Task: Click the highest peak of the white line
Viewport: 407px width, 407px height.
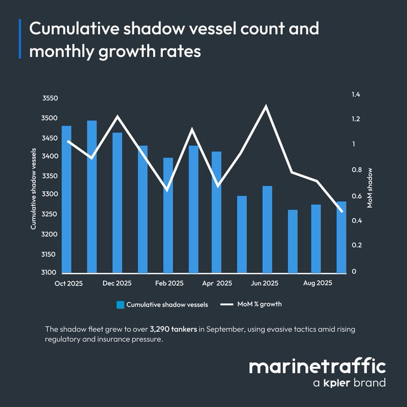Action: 265,107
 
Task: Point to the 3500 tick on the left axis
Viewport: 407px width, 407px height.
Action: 50,119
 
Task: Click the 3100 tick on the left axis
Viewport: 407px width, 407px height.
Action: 50,273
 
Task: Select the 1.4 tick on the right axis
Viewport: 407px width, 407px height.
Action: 356,95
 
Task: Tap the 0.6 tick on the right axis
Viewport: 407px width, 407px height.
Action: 356,196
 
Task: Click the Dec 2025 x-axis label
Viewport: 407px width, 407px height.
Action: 117,283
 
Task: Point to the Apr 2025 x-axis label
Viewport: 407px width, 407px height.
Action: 217,283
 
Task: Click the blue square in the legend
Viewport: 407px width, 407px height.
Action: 120,305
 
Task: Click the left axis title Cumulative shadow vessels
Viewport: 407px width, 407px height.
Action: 34,189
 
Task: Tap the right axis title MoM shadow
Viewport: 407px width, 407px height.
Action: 370,187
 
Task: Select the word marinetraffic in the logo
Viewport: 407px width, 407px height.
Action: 317,366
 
